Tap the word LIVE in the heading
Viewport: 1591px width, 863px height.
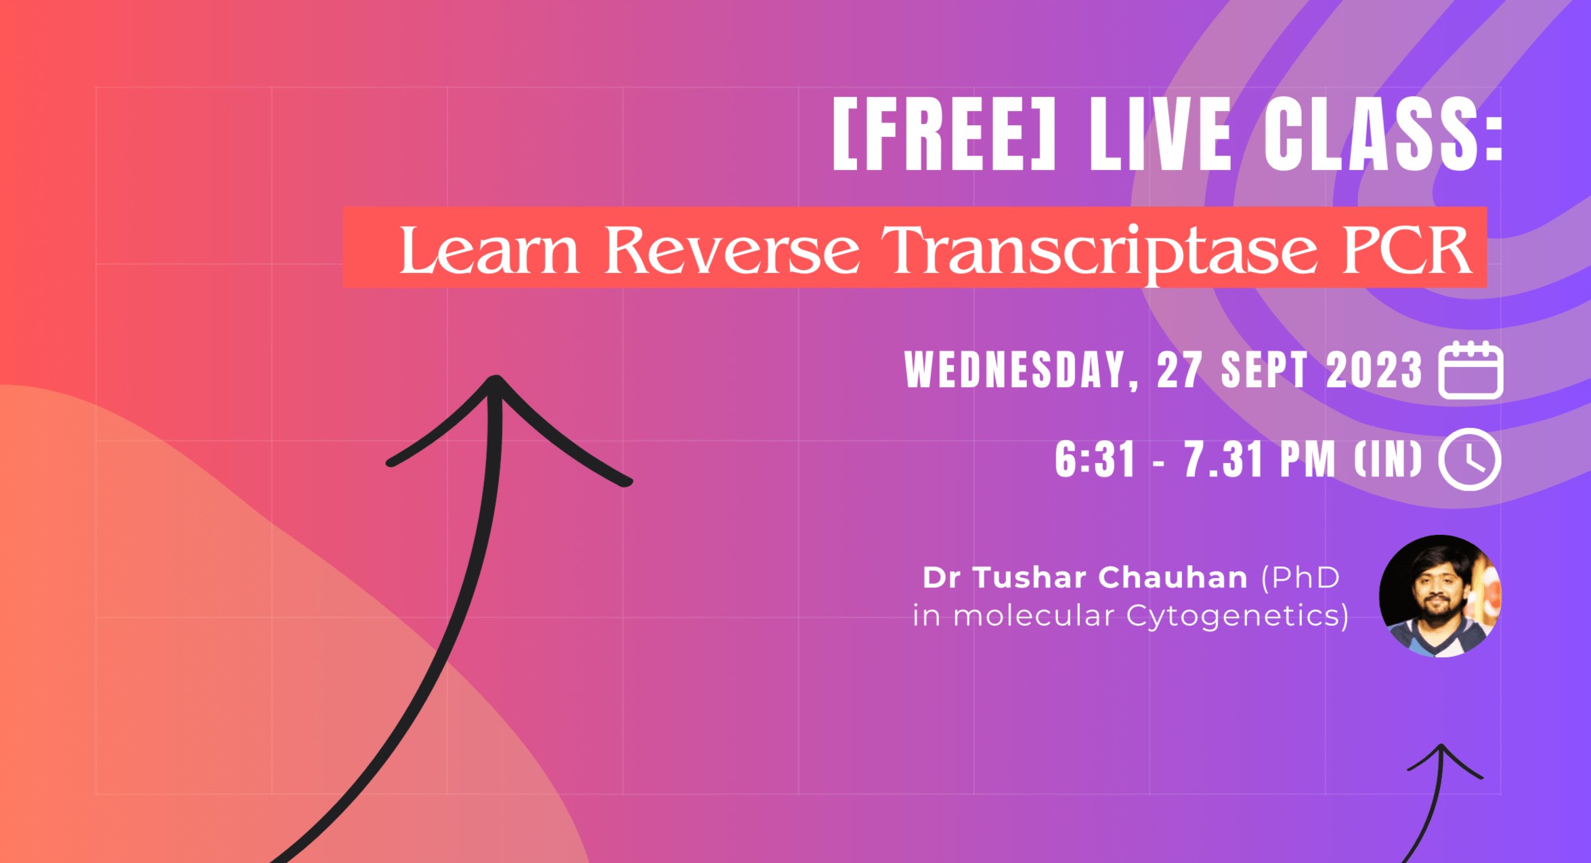coord(1160,133)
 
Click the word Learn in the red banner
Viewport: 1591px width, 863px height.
coord(489,250)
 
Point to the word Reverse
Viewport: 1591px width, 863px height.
coord(732,250)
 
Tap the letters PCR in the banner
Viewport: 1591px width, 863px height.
coord(1407,250)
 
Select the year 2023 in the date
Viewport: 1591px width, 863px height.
coord(1374,370)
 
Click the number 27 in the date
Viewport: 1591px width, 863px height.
coord(1179,370)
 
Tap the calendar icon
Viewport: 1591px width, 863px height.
coord(1470,370)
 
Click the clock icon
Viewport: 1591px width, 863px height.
coord(1469,459)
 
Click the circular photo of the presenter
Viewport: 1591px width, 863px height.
coord(1440,596)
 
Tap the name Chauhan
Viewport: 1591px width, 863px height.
coord(1173,577)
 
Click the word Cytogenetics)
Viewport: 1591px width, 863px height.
coord(1238,616)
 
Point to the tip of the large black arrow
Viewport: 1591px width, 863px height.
coord(496,380)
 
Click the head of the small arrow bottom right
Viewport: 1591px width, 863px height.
coord(1441,749)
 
